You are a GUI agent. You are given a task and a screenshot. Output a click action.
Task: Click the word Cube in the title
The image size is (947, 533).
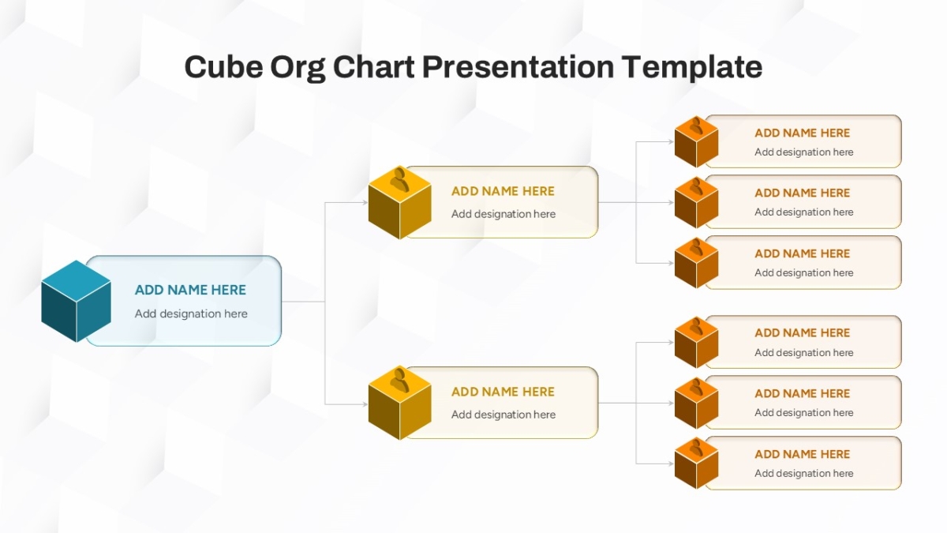coord(223,67)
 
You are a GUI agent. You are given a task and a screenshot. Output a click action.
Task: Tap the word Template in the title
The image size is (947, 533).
coord(692,68)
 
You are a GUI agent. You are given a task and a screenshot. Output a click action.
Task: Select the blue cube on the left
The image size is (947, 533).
coord(76,301)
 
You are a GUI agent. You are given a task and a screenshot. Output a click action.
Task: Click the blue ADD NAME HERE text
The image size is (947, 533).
coord(190,290)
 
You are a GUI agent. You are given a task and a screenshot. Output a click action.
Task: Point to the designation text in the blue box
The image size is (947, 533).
coord(191,313)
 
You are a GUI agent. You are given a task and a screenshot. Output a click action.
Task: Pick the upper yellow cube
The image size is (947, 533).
coord(399,203)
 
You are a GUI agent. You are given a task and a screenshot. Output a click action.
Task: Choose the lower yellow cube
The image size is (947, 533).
coord(399,404)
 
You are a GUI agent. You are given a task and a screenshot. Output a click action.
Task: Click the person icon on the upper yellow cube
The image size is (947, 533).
coord(399,180)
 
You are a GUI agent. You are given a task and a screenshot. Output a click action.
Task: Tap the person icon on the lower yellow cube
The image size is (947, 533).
coord(399,381)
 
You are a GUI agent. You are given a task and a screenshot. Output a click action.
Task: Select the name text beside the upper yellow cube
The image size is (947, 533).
coord(503,191)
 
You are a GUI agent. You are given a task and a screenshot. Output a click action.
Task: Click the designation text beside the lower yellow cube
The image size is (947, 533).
coord(503,415)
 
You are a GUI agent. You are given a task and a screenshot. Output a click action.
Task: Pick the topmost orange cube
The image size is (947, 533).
coord(696,141)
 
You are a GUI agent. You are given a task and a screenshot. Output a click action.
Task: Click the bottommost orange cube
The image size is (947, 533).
coord(696,464)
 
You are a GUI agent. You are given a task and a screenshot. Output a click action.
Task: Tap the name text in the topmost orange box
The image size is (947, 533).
coord(802,133)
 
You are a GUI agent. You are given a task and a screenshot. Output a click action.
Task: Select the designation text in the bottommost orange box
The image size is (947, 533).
coord(803,473)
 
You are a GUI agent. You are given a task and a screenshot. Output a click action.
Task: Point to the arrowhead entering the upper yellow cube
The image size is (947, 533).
coord(365,203)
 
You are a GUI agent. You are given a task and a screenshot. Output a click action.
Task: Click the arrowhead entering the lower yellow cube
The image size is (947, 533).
coord(365,404)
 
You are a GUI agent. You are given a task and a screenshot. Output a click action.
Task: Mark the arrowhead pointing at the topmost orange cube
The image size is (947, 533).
coord(671,141)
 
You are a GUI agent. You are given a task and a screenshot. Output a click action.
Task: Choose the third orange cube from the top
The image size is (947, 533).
coord(696,263)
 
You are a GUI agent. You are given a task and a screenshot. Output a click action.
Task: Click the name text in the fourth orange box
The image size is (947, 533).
coord(802,333)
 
